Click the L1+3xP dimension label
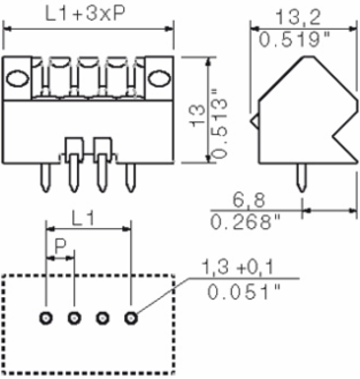point(85,15)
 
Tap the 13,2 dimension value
point(298,17)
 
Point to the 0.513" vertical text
point(220,123)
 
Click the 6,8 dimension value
point(249,200)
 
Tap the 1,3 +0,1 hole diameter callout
point(237,267)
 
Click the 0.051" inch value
point(244,292)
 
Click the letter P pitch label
point(60,246)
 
